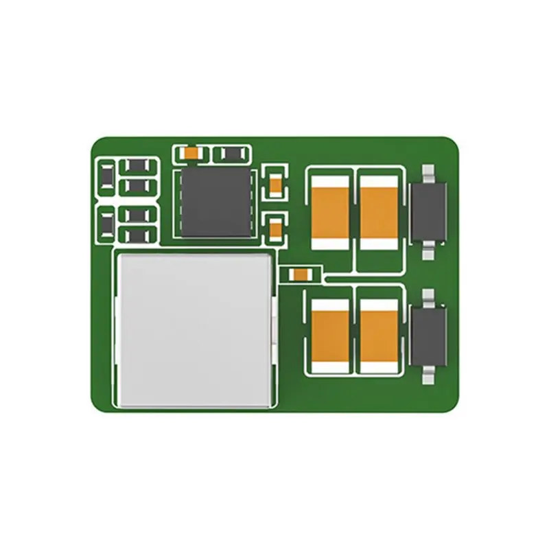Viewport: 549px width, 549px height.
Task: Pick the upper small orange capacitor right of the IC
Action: [x=276, y=183]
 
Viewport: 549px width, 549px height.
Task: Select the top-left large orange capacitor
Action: [x=330, y=209]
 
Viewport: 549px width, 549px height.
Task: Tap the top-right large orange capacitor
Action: [x=378, y=209]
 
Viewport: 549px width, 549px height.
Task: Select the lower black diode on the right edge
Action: [x=429, y=336]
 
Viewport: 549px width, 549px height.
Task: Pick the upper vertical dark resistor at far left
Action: [x=107, y=178]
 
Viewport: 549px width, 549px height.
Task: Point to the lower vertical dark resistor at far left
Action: [x=107, y=224]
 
